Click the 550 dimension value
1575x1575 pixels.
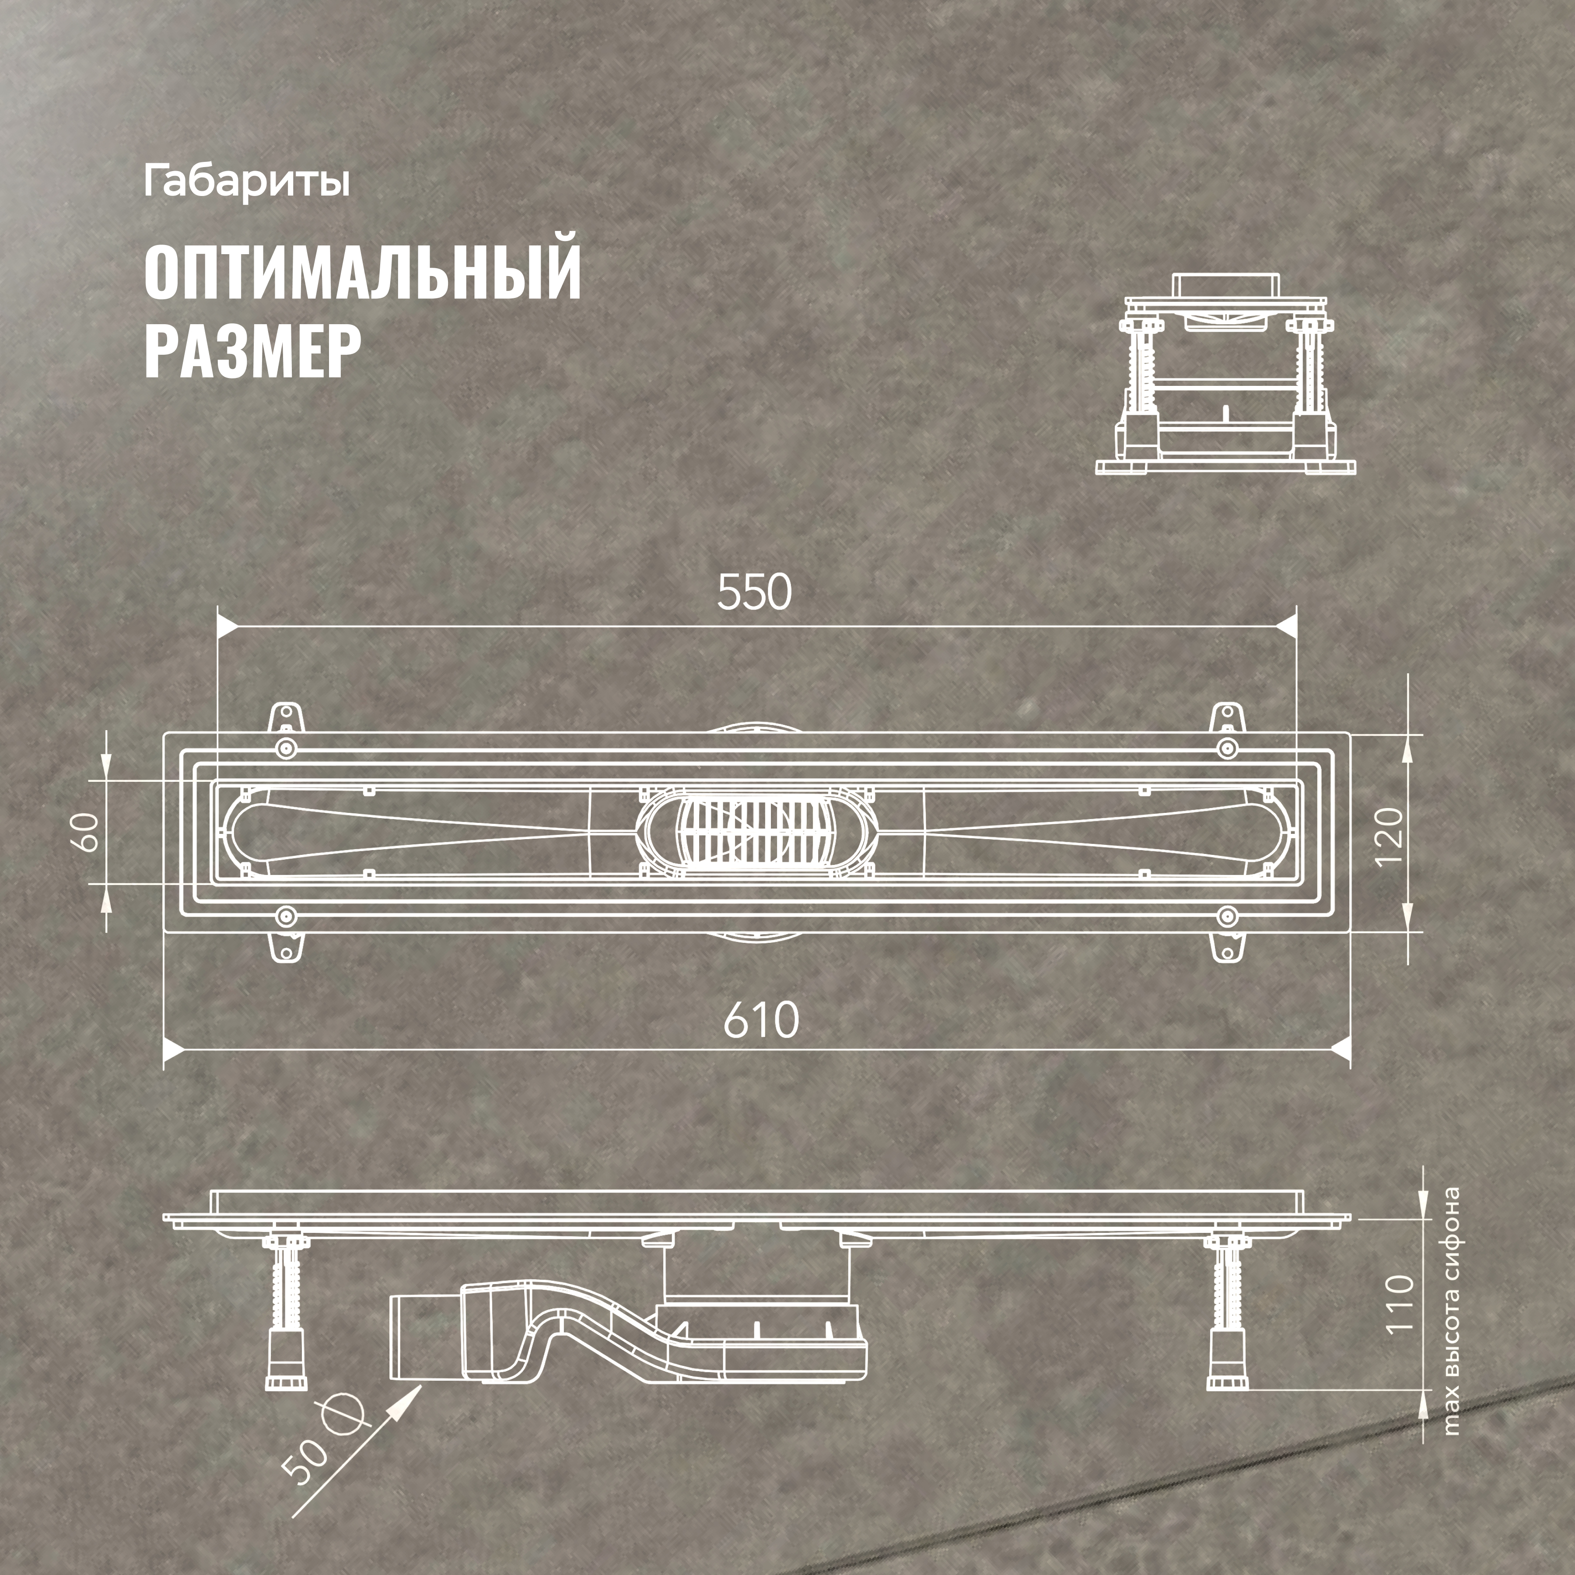click(754, 593)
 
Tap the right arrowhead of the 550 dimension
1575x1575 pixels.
click(1286, 626)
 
